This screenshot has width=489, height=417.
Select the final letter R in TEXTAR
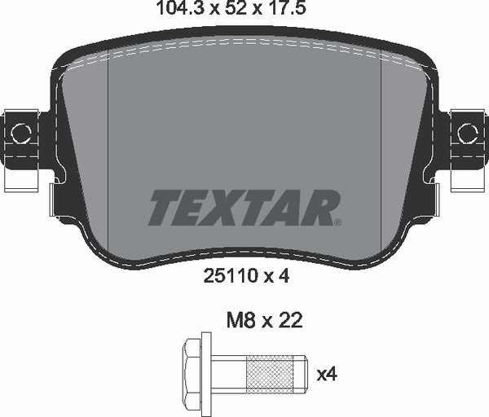pyautogui.click(x=319, y=208)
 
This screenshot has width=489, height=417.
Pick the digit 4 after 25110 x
pyautogui.click(x=285, y=276)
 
